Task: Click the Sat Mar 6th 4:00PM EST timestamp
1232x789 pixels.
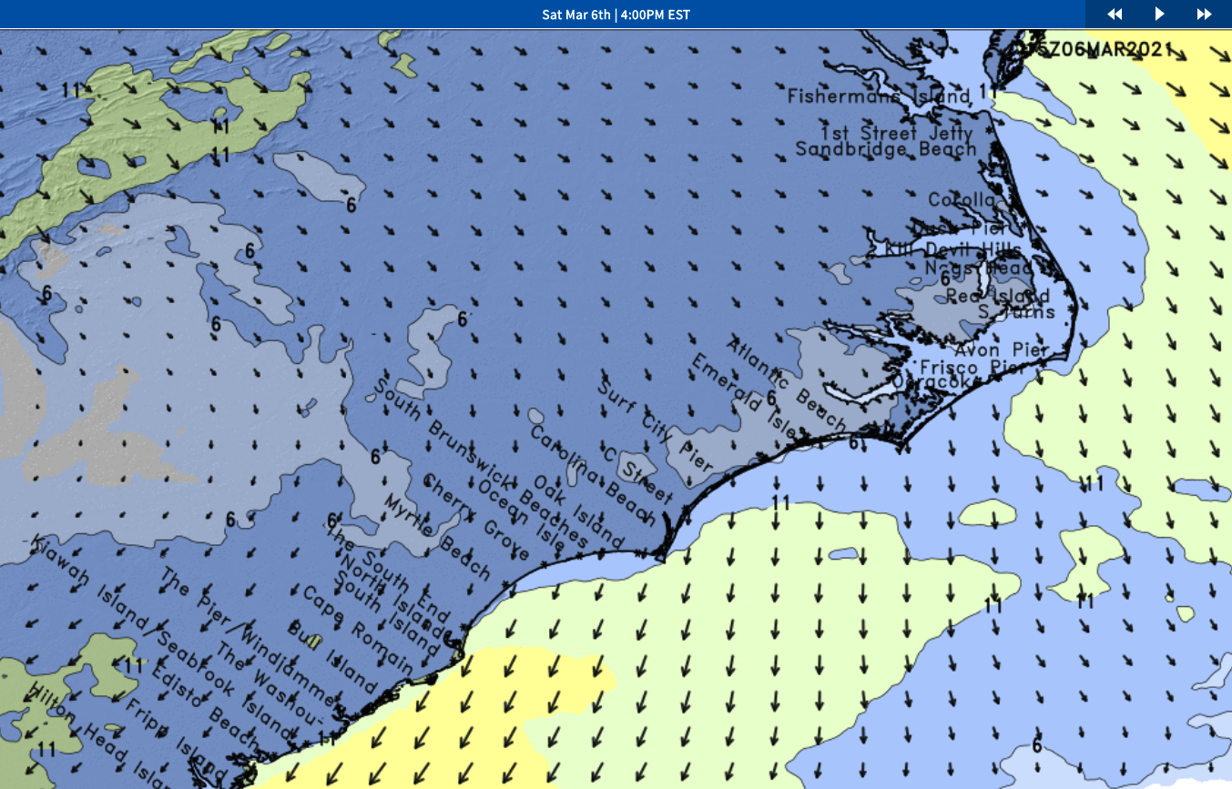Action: coord(616,15)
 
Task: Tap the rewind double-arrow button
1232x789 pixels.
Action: coord(1115,15)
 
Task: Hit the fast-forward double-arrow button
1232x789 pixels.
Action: coord(1204,15)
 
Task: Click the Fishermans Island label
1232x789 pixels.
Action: coord(880,96)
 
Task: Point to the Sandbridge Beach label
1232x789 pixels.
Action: coord(886,149)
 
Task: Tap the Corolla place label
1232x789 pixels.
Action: coord(962,200)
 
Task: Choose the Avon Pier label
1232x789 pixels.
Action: coord(1000,350)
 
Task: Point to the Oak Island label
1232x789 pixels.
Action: coord(578,512)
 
